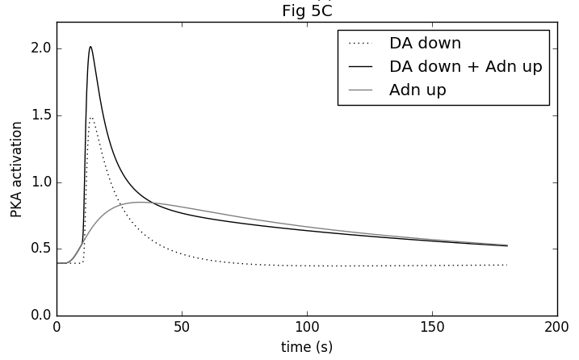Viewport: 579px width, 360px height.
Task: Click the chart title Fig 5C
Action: tap(306, 10)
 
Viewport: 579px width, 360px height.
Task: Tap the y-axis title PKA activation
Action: tap(16, 170)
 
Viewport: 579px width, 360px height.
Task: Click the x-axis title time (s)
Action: tap(306, 347)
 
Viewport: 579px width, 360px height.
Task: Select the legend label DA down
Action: tap(425, 43)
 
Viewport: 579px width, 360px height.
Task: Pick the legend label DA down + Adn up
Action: tap(465, 66)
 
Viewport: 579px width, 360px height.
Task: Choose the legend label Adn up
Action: tap(417, 90)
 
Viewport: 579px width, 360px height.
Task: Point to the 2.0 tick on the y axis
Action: tap(41, 48)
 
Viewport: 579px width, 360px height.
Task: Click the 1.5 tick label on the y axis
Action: tap(41, 115)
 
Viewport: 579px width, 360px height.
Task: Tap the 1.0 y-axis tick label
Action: tap(41, 182)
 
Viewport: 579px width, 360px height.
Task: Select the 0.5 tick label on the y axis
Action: tap(41, 249)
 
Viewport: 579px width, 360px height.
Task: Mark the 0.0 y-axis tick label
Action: tap(41, 316)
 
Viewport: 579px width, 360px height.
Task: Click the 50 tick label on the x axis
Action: tap(182, 329)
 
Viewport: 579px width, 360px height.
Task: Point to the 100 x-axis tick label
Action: tap(307, 329)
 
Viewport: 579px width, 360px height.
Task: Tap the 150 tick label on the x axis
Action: tap(432, 329)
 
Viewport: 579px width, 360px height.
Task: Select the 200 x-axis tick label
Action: tap(557, 329)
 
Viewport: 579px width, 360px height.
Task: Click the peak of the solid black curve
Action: tap(90, 47)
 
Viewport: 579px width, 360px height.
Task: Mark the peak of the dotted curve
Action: tap(92, 118)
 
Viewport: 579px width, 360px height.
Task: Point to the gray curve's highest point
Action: tap(143, 202)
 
